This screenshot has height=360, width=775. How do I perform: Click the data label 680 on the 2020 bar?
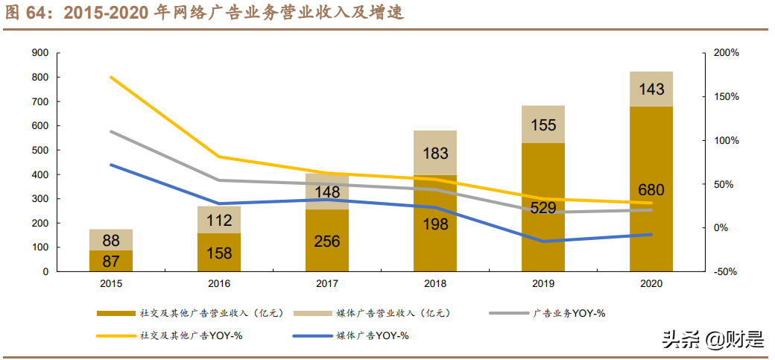(x=651, y=190)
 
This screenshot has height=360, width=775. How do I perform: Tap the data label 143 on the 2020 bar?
(x=651, y=89)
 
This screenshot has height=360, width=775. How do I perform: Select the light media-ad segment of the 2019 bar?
(x=542, y=124)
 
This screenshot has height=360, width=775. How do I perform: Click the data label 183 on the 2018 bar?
(x=434, y=154)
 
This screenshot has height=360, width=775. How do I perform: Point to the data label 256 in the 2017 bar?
(x=326, y=241)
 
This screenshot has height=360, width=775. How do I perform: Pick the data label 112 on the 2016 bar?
(x=218, y=221)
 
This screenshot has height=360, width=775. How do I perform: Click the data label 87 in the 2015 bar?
(x=110, y=262)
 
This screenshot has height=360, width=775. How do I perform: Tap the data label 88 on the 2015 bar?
(x=110, y=241)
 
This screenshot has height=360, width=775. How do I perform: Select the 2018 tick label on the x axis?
(x=434, y=284)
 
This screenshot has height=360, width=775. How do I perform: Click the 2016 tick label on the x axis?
(x=218, y=284)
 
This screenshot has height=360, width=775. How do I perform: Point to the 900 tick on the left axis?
(x=40, y=53)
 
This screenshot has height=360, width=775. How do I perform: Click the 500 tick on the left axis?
(x=40, y=151)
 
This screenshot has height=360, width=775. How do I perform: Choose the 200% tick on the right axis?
(x=726, y=53)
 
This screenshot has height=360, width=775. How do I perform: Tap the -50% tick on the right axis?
(x=725, y=272)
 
